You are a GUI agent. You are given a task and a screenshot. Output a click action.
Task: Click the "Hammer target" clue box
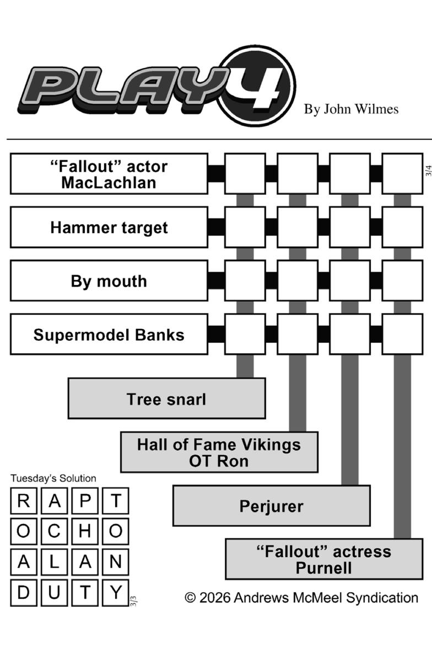pos(109,227)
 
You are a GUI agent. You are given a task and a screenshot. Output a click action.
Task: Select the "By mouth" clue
pos(109,281)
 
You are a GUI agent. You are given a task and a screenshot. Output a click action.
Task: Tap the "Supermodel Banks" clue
pos(109,335)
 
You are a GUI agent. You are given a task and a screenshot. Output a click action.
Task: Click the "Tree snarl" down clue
pos(166,399)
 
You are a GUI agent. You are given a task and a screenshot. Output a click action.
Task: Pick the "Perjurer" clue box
pos(271,506)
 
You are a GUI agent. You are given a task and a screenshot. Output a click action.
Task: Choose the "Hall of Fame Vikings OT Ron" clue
pos(219,452)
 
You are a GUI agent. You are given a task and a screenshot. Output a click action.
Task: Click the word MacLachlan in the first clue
pos(109,182)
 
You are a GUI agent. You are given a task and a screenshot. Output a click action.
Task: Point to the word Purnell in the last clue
pos(323,568)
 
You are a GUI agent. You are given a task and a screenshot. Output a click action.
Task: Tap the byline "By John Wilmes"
pos(351,109)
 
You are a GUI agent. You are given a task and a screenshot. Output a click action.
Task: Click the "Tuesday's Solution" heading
pos(53,478)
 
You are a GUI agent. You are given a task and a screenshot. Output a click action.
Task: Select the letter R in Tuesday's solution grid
pos(24,501)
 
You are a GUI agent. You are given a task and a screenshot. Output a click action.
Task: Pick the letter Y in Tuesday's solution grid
pos(116,592)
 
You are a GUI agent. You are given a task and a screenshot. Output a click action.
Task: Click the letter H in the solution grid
pos(85,531)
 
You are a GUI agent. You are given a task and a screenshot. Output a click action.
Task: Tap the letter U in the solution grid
pos(55,592)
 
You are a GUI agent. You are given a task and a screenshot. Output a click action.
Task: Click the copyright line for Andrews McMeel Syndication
pos(301,598)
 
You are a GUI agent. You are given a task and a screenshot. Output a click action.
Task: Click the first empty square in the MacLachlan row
pos(245,174)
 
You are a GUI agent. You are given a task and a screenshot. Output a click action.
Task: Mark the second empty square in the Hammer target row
pos(298,227)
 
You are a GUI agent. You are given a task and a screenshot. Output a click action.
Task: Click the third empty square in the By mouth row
pos(350,281)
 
